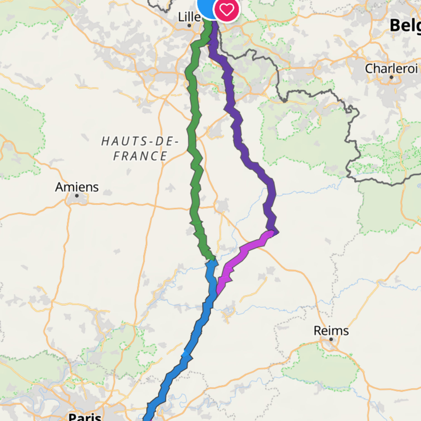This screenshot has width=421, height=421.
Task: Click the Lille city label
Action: (x=189, y=17)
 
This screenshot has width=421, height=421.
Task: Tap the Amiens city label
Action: (x=77, y=187)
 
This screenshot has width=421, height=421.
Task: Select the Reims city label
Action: (x=331, y=331)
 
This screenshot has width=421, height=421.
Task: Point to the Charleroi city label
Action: (x=391, y=69)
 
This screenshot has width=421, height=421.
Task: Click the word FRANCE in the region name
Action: (x=140, y=156)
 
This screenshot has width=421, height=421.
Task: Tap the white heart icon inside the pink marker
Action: (x=226, y=10)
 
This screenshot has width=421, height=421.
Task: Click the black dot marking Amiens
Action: (x=77, y=196)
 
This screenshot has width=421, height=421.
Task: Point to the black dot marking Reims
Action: (x=331, y=339)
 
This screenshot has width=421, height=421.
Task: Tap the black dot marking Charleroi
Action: (x=391, y=77)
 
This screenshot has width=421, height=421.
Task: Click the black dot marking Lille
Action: (x=189, y=26)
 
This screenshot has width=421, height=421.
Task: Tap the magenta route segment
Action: (x=245, y=248)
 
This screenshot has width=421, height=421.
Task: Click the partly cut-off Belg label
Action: (x=405, y=26)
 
